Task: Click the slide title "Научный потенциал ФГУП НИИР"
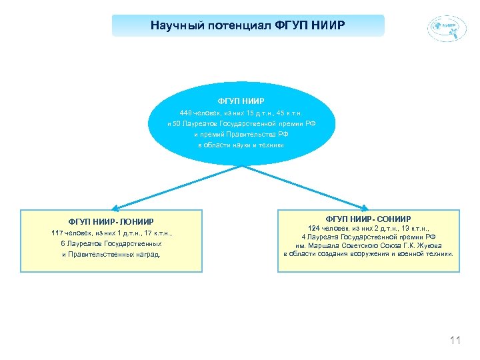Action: [x=248, y=26]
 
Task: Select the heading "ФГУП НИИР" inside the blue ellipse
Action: [x=241, y=101]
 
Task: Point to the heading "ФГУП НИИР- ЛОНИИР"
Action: [x=111, y=221]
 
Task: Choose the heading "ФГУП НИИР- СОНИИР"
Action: [x=368, y=219]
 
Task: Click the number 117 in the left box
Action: [x=59, y=233]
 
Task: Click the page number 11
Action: [x=455, y=341]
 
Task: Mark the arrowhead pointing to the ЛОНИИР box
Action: [x=114, y=207]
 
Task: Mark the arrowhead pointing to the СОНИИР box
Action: [x=365, y=207]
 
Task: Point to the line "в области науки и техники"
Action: [x=241, y=145]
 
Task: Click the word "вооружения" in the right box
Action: [x=379, y=253]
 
